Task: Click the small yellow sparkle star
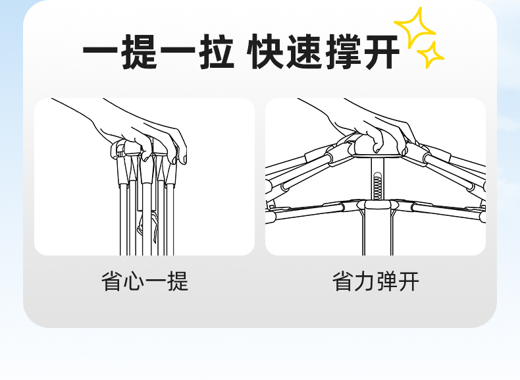432,55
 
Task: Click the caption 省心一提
145,281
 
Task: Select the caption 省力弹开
376,281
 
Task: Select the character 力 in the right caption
365,281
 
